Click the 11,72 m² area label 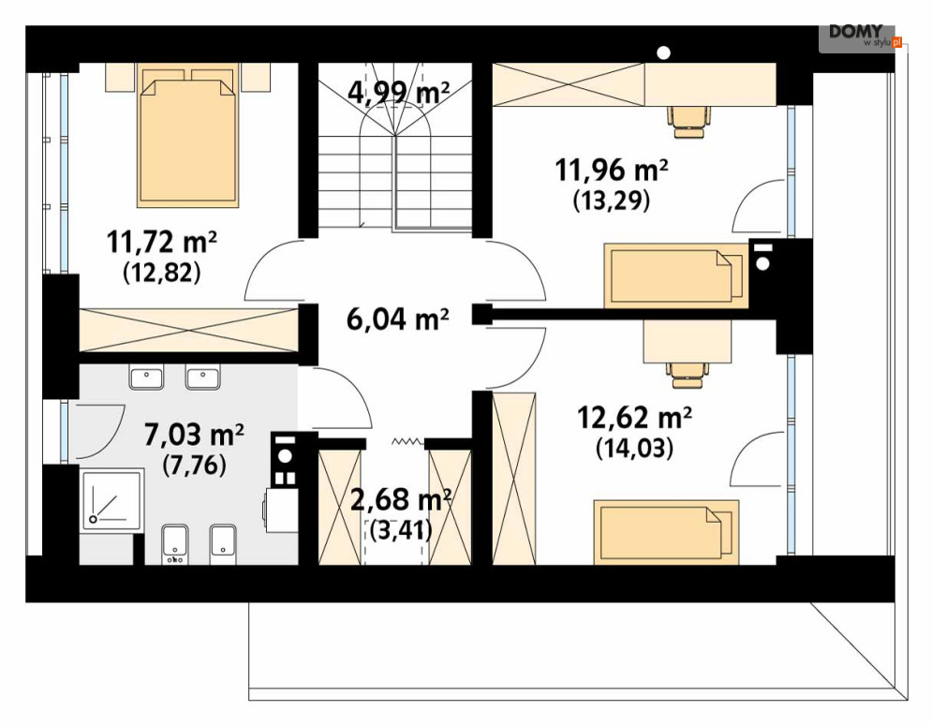[x=162, y=242]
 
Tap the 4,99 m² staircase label [x=398, y=93]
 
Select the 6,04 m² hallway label [x=397, y=319]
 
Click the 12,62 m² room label [x=634, y=418]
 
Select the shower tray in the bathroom [x=111, y=498]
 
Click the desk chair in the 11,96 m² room [x=688, y=122]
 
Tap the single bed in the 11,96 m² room [x=676, y=275]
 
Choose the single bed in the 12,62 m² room [x=666, y=531]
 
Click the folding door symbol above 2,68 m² [x=407, y=442]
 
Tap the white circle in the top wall [x=664, y=52]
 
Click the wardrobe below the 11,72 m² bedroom [x=189, y=330]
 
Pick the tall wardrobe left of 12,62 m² [x=514, y=478]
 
